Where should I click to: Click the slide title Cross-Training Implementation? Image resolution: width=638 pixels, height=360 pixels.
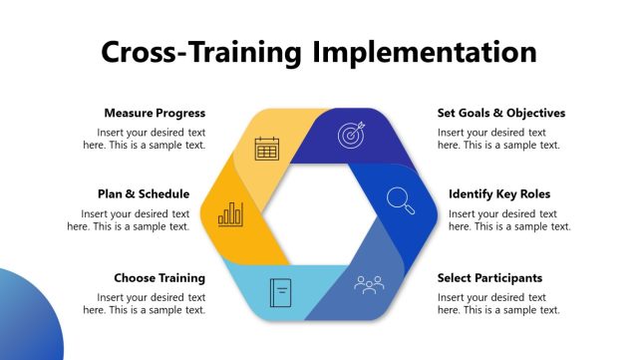click(319, 52)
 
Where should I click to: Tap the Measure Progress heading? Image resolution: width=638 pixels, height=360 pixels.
click(155, 113)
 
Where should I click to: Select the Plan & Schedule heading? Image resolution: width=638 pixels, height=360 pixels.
click(144, 194)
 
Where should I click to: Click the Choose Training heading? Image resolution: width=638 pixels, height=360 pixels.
click(159, 278)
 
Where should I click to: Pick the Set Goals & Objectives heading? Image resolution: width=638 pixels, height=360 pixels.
click(501, 113)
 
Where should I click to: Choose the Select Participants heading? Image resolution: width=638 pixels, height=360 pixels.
click(489, 278)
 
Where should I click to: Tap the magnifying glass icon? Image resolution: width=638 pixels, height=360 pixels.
click(401, 200)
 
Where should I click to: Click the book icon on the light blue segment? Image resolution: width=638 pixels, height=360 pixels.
click(280, 292)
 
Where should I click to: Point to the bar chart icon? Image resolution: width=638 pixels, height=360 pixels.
click(231, 212)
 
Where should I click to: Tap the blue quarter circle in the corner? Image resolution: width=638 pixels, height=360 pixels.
click(24, 324)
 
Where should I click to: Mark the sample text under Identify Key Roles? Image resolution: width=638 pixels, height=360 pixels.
click(509, 220)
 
